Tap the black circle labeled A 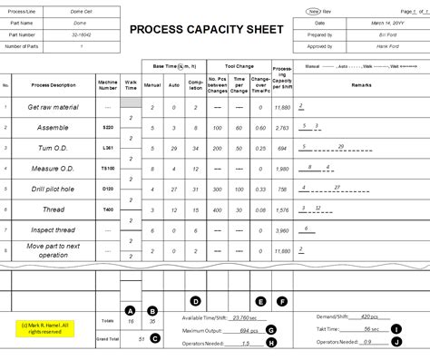click(x=131, y=311)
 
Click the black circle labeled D click(x=194, y=300)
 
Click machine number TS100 click(x=108, y=168)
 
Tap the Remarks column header click(x=363, y=84)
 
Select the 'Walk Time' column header click(x=132, y=84)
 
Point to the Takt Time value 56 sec click(x=371, y=329)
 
